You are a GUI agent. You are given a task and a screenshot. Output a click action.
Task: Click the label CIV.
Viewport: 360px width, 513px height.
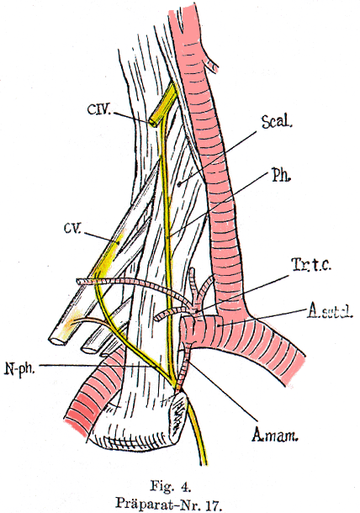click(x=99, y=108)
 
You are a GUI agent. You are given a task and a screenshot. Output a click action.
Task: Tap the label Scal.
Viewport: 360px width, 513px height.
click(x=276, y=122)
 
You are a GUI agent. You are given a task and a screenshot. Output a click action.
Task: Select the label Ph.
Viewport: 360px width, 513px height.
click(x=281, y=176)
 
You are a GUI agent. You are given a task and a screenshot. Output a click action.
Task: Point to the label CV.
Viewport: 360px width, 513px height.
click(x=72, y=228)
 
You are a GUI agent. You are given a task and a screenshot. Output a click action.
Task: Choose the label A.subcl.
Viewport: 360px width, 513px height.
click(x=330, y=312)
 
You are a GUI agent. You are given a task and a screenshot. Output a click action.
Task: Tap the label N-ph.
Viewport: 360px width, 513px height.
click(x=19, y=368)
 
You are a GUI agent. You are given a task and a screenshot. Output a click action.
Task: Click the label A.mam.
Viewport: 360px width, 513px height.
click(x=275, y=435)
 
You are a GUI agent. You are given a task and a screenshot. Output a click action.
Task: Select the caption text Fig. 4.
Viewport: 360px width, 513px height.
click(x=170, y=486)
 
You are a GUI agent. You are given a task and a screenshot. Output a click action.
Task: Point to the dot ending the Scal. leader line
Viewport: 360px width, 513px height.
click(x=179, y=184)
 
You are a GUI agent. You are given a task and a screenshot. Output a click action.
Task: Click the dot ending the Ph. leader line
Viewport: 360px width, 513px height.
click(x=167, y=237)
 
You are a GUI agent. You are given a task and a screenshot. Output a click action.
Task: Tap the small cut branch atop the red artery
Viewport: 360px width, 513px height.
click(x=212, y=66)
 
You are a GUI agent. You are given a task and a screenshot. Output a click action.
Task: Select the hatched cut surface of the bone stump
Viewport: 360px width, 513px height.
click(x=178, y=412)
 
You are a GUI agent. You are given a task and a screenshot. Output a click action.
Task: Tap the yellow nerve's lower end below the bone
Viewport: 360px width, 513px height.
click(x=204, y=461)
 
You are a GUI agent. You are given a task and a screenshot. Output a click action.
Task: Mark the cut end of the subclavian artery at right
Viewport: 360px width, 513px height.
click(x=294, y=370)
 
